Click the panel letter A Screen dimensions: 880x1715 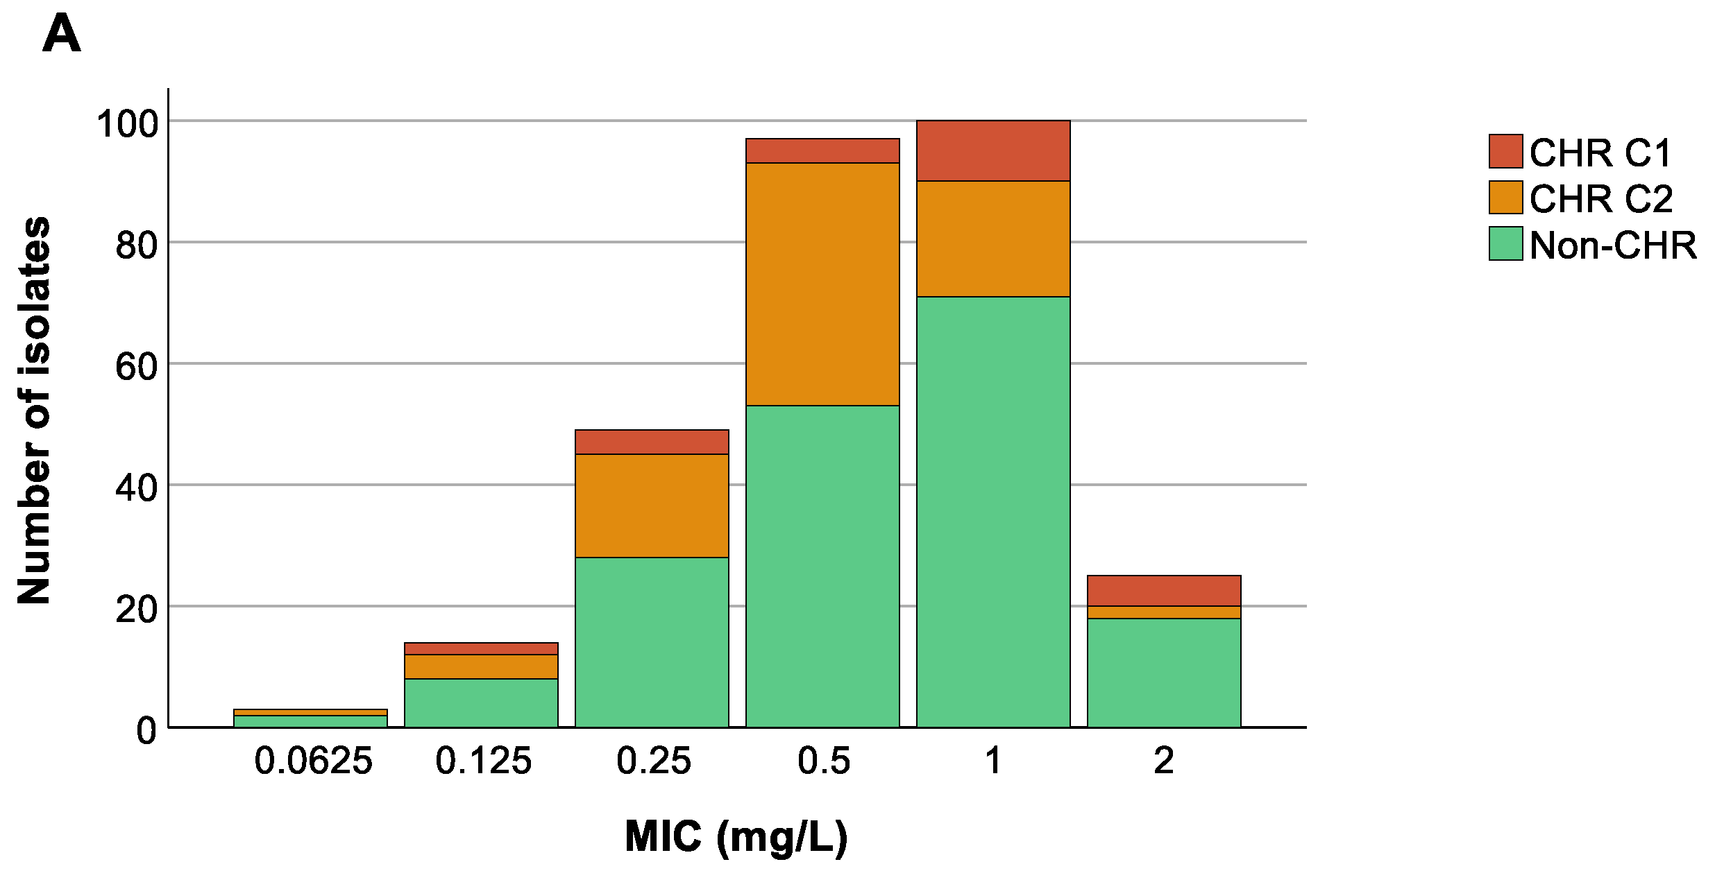pos(62,35)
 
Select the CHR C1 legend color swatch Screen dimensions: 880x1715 pos(1505,151)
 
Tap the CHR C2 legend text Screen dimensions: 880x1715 pos(1600,198)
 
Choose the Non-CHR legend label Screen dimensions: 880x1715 pos(1613,245)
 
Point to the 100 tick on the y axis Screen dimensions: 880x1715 pos(128,124)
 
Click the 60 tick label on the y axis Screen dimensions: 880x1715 pos(137,366)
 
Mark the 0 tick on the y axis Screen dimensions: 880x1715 pos(146,730)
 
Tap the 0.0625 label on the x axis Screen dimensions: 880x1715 pos(313,761)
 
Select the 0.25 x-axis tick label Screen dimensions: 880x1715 pos(653,761)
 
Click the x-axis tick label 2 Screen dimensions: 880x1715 pos(1164,761)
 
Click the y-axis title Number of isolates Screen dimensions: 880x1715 pos(34,411)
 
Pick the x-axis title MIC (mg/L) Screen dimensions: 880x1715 pos(736,836)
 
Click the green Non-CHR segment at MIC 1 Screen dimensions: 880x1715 pos(993,512)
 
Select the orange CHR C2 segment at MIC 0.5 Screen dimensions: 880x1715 pos(822,284)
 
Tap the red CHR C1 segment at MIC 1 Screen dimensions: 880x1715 pos(993,150)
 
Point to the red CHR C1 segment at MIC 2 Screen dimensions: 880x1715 pos(1164,591)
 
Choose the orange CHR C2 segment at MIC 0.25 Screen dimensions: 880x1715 pos(652,506)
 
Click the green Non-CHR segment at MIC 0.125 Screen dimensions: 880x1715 pos(481,702)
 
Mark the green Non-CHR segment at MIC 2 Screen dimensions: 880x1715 pos(1164,673)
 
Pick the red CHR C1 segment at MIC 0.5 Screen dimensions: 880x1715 pos(822,150)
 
